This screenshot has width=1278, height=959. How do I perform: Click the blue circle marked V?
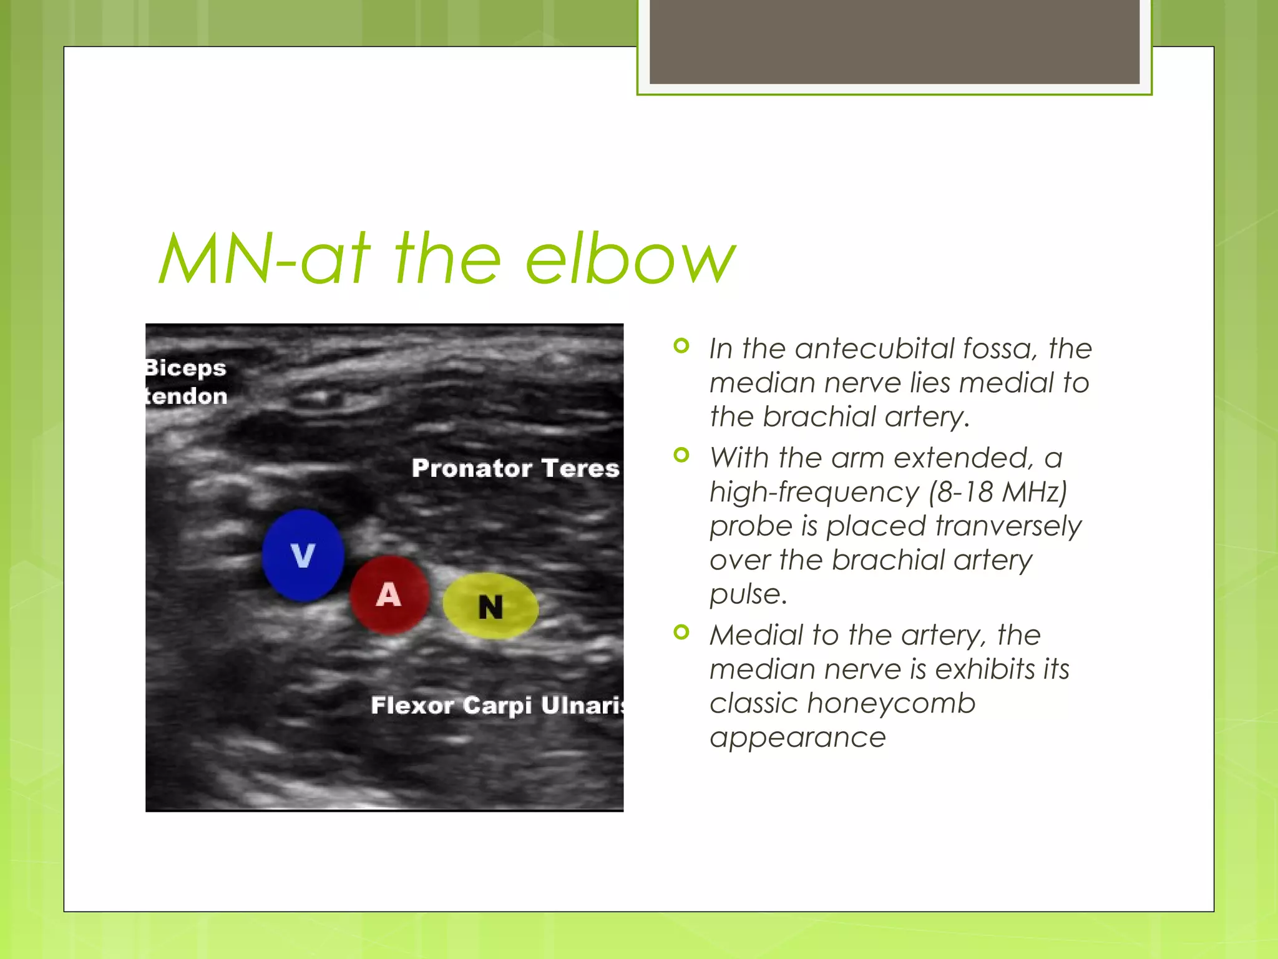303,555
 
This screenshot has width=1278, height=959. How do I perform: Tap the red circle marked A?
389,594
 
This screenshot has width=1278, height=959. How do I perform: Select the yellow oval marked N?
490,606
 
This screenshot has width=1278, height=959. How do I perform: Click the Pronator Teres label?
515,468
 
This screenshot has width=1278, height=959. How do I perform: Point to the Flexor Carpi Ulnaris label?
497,706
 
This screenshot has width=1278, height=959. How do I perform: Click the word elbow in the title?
630,258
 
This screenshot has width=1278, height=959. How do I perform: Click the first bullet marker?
681,345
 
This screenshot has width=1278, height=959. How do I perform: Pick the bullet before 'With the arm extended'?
681,455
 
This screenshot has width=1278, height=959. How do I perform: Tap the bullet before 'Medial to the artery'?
681,632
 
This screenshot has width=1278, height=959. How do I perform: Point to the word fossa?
1000,348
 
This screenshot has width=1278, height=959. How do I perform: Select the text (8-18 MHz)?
998,492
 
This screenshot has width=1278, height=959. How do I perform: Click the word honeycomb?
890,704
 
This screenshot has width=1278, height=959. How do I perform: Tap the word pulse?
748,594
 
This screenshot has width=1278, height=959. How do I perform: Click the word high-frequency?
814,492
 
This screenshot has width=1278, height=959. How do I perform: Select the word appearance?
798,738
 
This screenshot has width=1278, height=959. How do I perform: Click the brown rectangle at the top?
894,41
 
